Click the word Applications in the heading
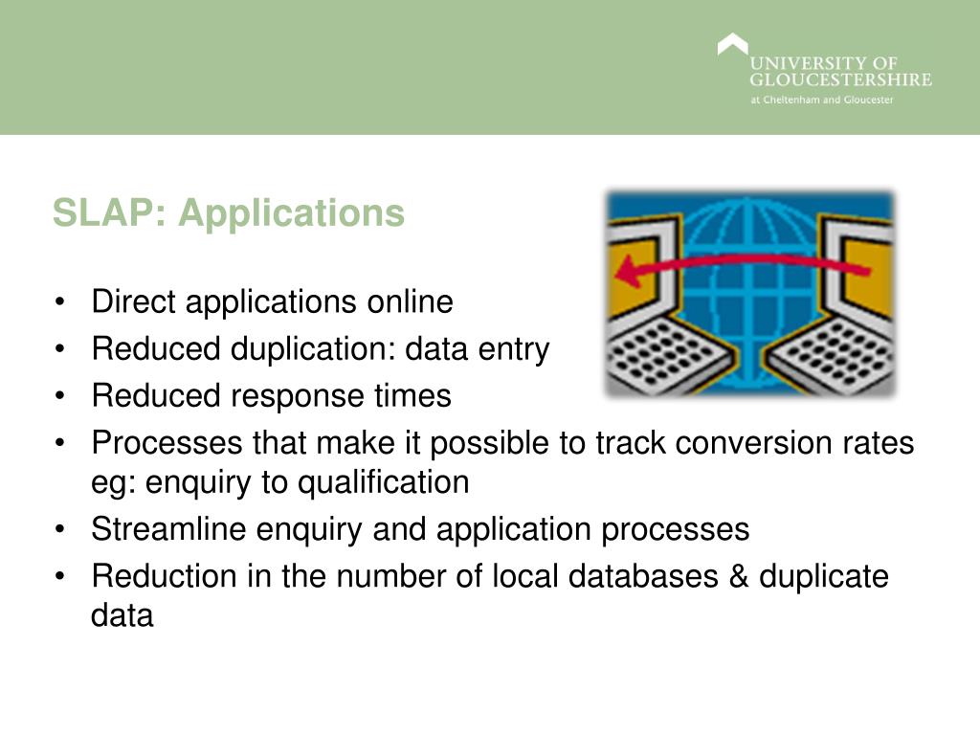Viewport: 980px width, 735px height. click(x=291, y=214)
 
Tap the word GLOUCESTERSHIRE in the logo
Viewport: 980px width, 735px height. click(x=839, y=80)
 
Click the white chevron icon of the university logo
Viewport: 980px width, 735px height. click(x=732, y=46)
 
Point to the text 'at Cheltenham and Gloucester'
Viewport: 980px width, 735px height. click(x=821, y=100)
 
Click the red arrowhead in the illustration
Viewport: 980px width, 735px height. click(x=629, y=274)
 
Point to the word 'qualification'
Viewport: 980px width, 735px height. click(x=384, y=481)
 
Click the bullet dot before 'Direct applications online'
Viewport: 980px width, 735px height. click(x=61, y=303)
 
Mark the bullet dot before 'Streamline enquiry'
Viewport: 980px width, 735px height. click(x=61, y=529)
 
